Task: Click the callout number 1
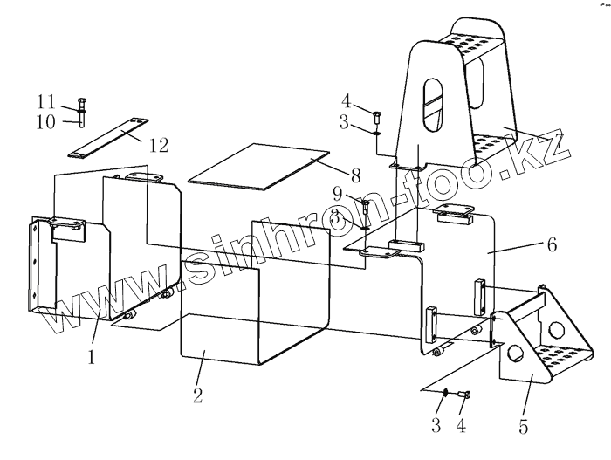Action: point(90,356)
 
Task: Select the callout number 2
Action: point(198,395)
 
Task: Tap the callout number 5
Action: point(525,428)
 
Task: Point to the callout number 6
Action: point(551,246)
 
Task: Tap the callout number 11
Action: point(45,100)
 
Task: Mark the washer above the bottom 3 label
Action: point(444,393)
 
